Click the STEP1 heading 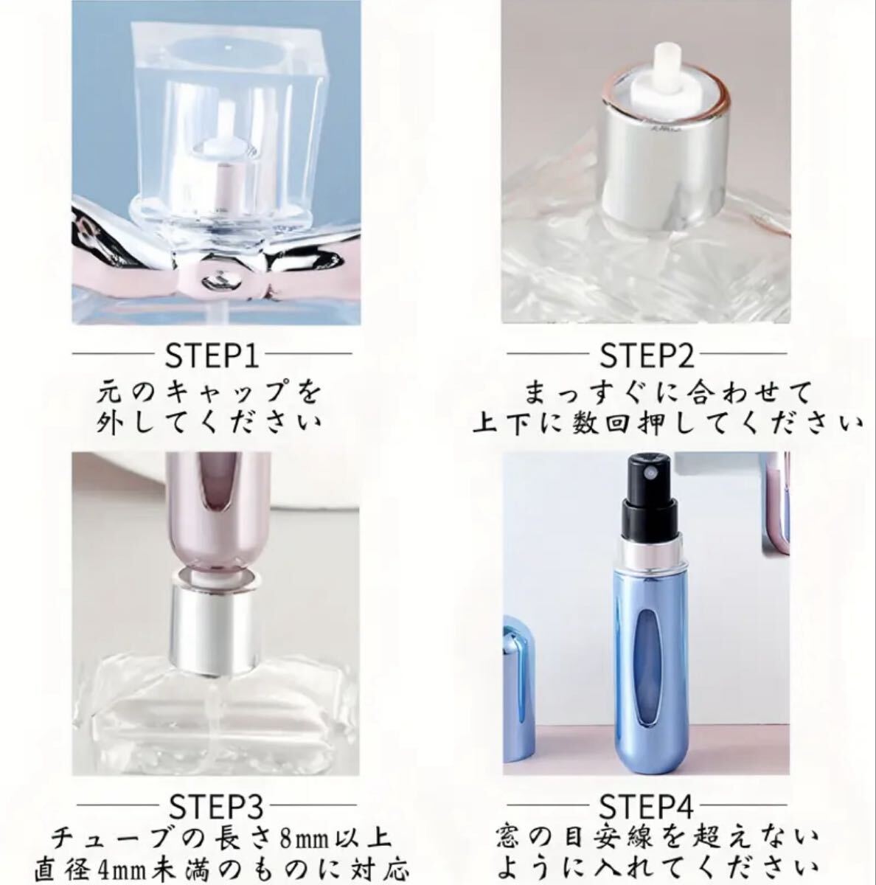pyautogui.click(x=212, y=354)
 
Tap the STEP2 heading pyautogui.click(x=647, y=354)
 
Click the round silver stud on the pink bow pyautogui.click(x=218, y=282)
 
